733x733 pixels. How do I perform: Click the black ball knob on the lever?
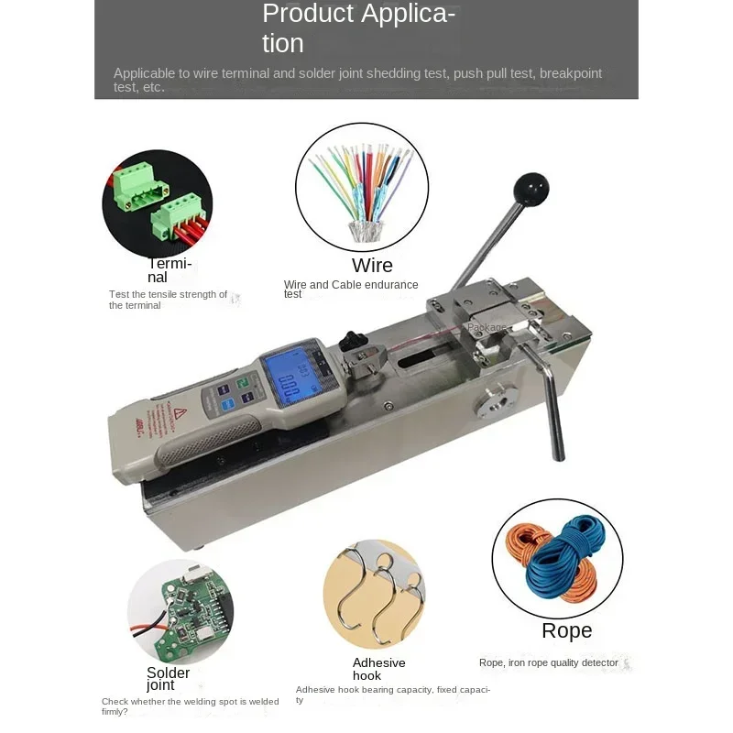[531, 189]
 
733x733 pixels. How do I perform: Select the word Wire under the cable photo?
[372, 266]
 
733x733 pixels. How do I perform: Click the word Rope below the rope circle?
[566, 630]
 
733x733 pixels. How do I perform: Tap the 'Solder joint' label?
[169, 679]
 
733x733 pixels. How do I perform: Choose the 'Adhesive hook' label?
[378, 669]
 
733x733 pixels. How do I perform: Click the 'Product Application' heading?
[358, 28]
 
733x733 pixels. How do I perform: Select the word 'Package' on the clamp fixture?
[486, 327]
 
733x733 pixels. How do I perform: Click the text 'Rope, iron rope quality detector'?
[550, 662]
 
